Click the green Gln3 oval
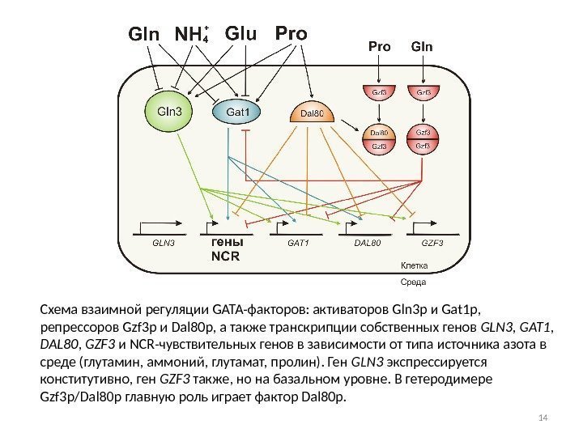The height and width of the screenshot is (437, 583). (x=170, y=112)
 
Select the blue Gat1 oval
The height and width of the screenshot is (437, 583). (x=237, y=112)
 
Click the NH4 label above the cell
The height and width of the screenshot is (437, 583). (x=193, y=36)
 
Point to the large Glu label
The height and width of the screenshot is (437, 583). (x=240, y=35)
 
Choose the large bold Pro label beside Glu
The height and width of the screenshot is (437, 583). (x=291, y=35)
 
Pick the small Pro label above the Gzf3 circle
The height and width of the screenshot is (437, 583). (x=379, y=46)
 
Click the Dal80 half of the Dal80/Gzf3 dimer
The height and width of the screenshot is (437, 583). (x=379, y=130)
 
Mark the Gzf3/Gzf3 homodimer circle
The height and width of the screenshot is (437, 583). (x=423, y=138)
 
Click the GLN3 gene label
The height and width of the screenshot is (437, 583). (x=164, y=241)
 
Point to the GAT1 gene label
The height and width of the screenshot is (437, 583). (x=299, y=241)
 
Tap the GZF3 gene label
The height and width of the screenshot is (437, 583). (x=433, y=241)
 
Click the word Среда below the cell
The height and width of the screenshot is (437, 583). (x=414, y=283)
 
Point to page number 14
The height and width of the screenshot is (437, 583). (x=543, y=417)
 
